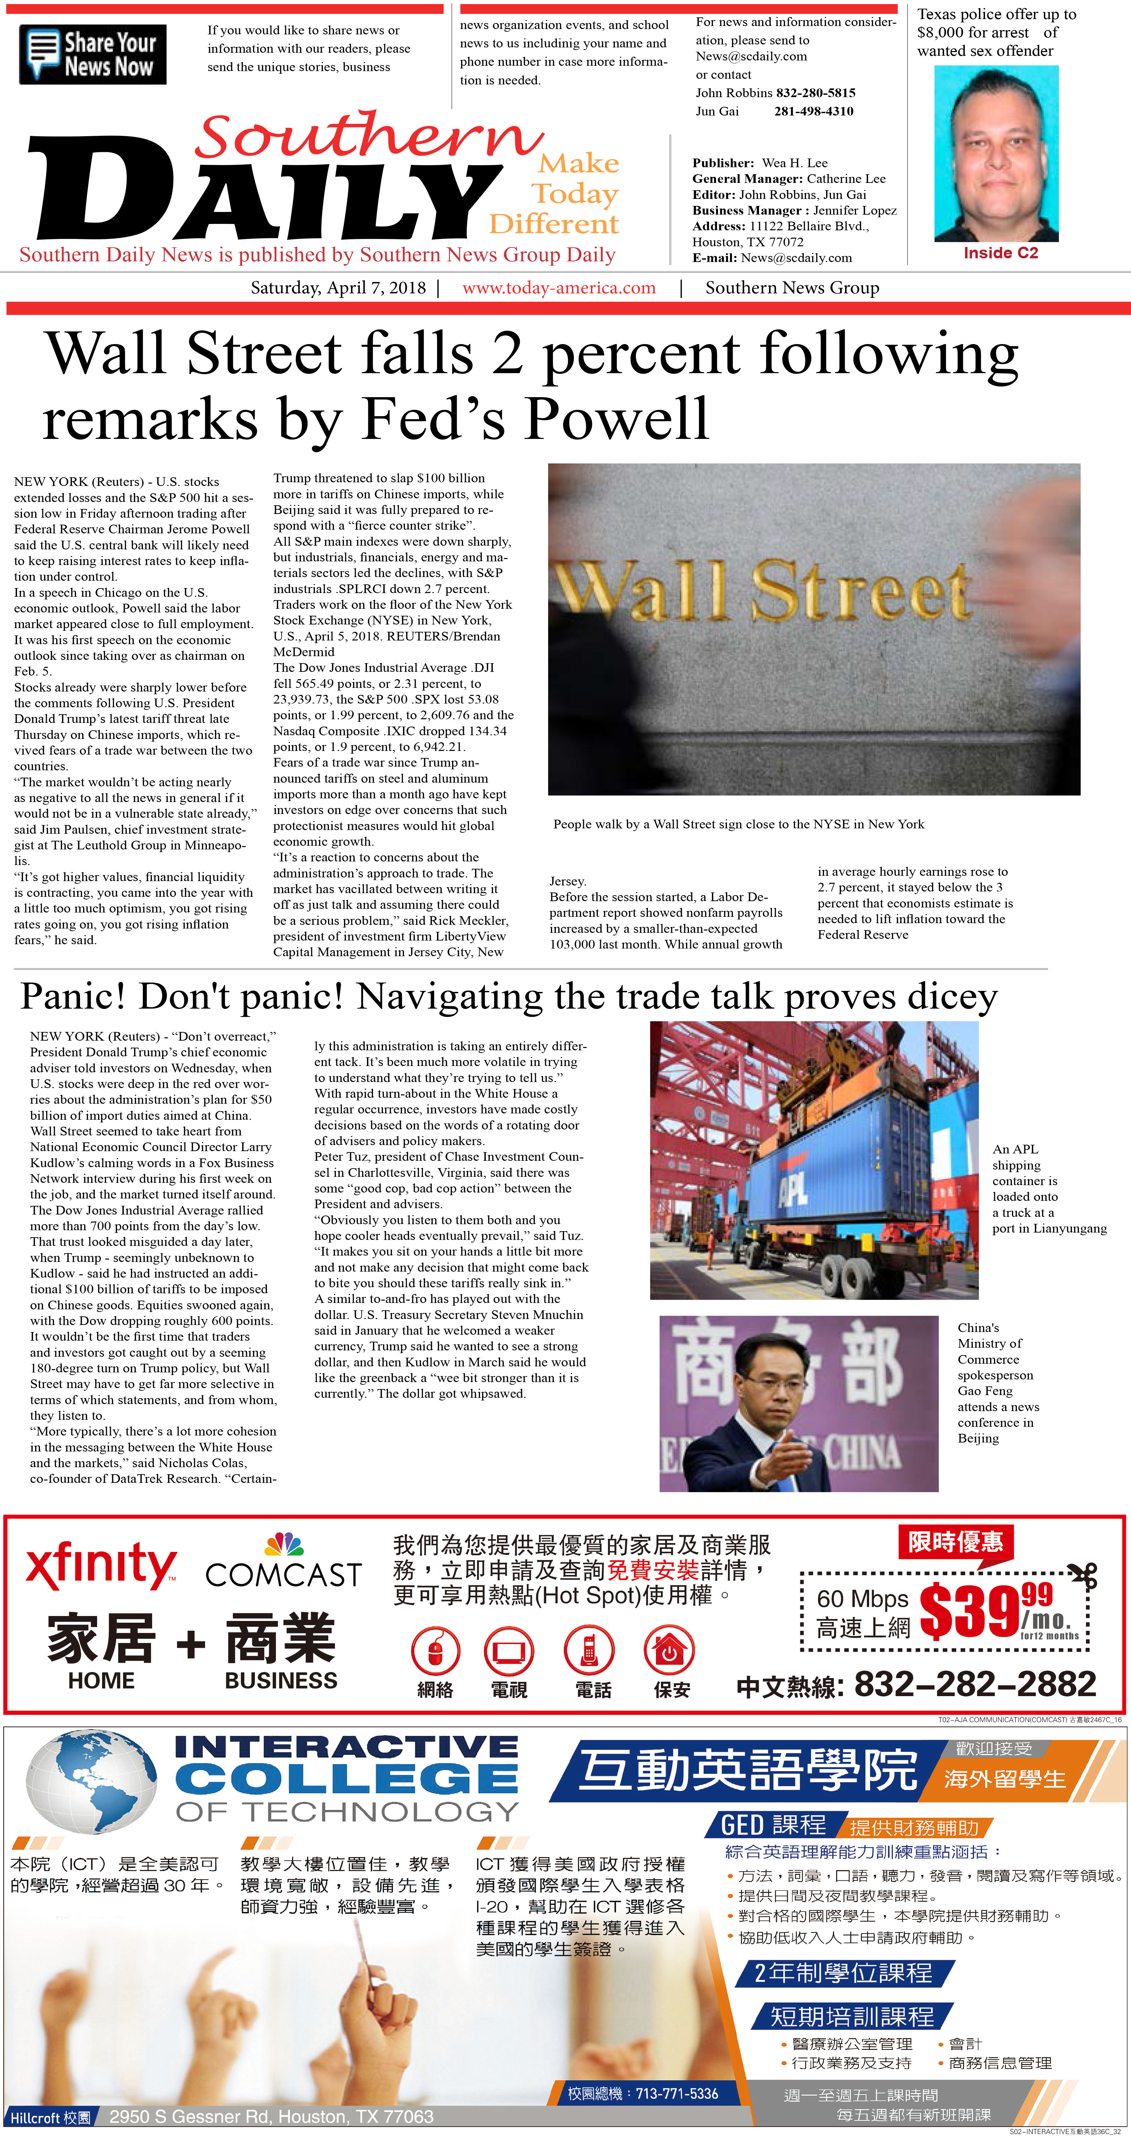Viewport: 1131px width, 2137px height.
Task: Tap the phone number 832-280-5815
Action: click(816, 93)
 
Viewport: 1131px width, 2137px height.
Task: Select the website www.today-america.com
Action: click(559, 288)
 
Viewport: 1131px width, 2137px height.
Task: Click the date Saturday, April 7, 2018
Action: click(338, 288)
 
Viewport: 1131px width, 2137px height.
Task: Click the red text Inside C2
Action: click(1000, 253)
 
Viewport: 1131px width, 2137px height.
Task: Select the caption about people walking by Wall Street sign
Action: click(738, 824)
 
